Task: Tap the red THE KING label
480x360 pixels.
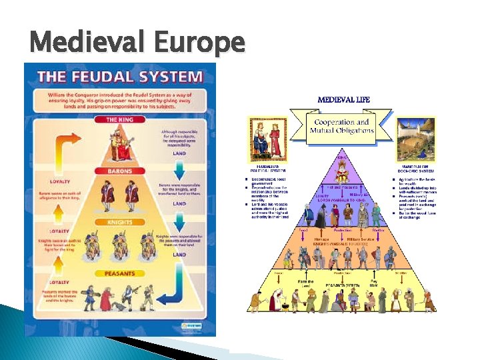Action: [x=120, y=120]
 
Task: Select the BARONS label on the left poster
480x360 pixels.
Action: [x=120, y=171]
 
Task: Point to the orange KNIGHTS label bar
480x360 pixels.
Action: [x=120, y=222]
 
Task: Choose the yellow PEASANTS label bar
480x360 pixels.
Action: [x=120, y=273]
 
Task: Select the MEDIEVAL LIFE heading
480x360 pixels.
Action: [x=344, y=99]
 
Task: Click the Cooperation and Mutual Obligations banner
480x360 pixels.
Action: [x=341, y=127]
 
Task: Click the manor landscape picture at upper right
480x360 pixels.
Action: [x=416, y=137]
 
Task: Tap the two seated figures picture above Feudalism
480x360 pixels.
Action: [x=267, y=138]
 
